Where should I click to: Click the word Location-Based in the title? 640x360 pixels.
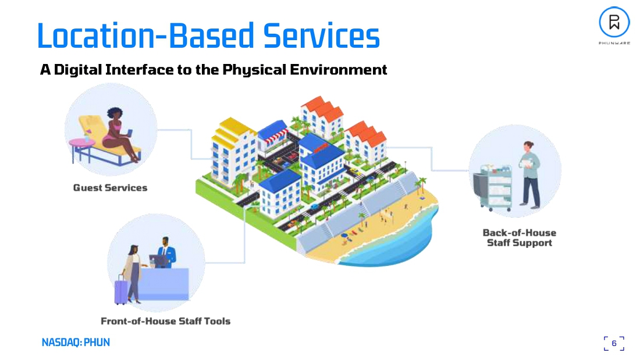pyautogui.click(x=145, y=36)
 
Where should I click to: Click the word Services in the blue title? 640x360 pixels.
pyautogui.click(x=321, y=36)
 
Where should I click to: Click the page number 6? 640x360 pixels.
pyautogui.click(x=614, y=343)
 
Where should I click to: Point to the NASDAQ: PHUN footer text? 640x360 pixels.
pyautogui.click(x=76, y=343)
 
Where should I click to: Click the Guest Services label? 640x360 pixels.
pyautogui.click(x=110, y=188)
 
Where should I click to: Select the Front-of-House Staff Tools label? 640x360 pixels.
pyautogui.click(x=165, y=321)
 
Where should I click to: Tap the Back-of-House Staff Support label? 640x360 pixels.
pyautogui.click(x=519, y=237)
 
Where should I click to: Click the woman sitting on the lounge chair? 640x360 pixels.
pyautogui.click(x=117, y=137)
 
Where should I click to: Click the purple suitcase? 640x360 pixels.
pyautogui.click(x=120, y=291)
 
